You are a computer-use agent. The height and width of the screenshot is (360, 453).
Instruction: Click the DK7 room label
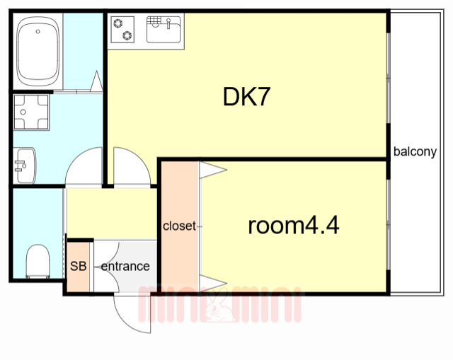[x=247, y=97]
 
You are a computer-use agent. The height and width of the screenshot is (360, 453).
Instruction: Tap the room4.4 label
[x=294, y=226]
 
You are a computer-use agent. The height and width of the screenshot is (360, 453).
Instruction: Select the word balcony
[x=415, y=151]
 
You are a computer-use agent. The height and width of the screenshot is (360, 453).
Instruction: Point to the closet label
[x=179, y=226]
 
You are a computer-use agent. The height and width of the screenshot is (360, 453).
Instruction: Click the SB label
[x=79, y=267]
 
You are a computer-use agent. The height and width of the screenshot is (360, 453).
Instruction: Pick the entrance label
[x=125, y=267]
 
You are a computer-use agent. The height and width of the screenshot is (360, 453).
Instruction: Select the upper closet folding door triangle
[x=212, y=169]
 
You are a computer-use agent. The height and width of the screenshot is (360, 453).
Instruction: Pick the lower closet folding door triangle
[x=212, y=285]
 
